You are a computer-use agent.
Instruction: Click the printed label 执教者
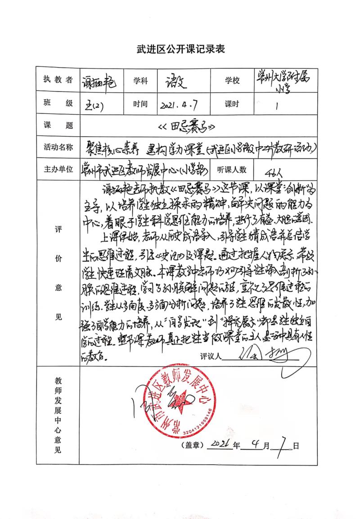(57, 80)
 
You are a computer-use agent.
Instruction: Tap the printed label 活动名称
(57, 148)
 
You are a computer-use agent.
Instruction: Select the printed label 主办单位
(57, 170)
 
